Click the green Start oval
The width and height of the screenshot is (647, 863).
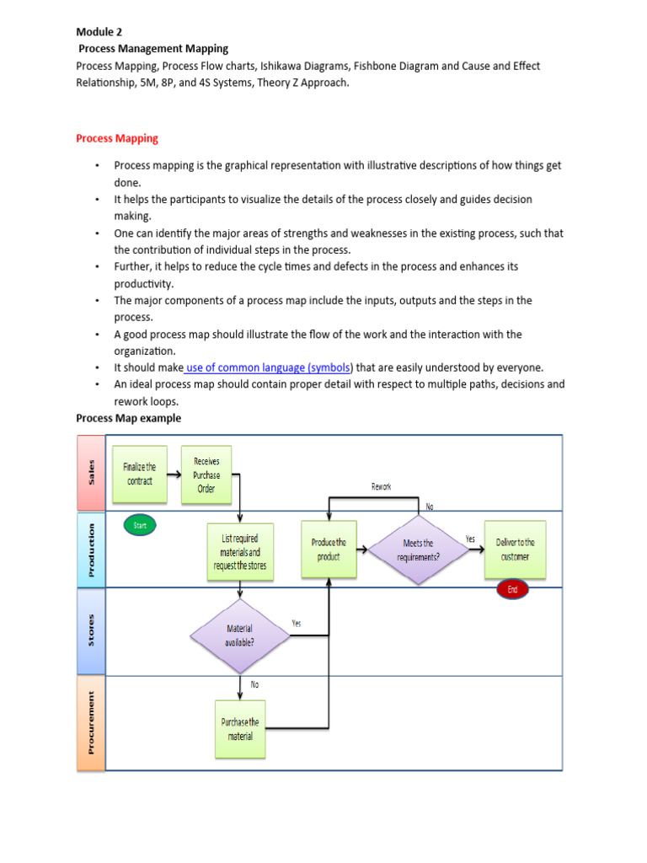140,525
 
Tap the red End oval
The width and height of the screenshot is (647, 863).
513,589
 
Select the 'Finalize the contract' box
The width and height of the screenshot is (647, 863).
139,474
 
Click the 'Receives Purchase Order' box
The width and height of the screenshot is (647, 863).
206,474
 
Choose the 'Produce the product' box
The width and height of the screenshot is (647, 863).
329,549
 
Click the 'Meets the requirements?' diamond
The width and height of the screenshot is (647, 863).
419,549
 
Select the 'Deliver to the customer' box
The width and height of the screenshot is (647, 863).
515,549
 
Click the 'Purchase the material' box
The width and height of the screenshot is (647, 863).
240,729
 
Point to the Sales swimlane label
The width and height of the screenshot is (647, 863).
91,472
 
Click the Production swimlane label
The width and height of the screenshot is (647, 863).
91,549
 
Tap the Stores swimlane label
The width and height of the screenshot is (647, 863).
91,631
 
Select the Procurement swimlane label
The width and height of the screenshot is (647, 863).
91,723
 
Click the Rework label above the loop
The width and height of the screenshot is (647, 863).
381,486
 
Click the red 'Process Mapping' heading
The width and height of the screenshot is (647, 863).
117,138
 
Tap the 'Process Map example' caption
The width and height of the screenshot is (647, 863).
128,418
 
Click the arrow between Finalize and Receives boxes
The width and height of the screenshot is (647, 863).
174,474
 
